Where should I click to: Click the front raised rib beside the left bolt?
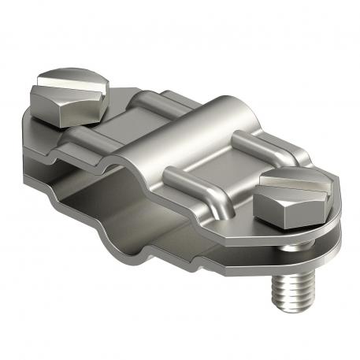tap(98, 146)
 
